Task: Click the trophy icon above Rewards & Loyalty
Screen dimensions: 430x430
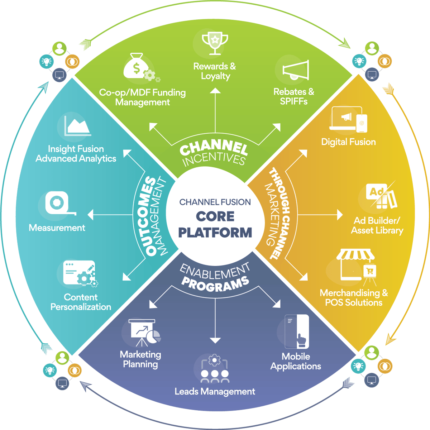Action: point(215,43)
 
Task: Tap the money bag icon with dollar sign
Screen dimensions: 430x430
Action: point(136,67)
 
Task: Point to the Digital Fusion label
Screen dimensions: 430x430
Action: point(348,142)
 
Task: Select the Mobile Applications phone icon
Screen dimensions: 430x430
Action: point(297,331)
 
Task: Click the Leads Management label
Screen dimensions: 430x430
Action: point(215,392)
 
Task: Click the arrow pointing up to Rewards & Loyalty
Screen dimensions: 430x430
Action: point(215,107)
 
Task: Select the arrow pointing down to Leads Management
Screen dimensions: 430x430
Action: point(215,322)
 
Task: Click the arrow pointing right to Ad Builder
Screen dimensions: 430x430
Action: point(322,215)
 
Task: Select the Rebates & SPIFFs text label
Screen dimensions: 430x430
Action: point(294,96)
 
